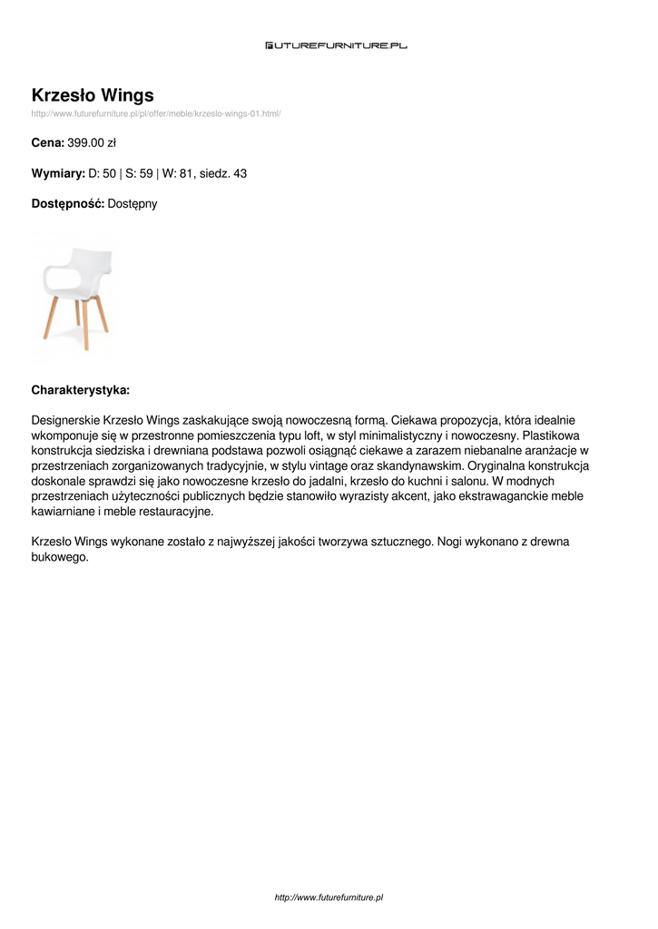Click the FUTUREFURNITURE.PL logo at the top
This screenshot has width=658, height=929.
tap(336, 44)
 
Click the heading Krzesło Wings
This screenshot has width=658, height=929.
tap(93, 95)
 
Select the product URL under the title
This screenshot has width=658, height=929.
tap(156, 113)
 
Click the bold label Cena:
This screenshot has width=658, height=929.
tap(47, 143)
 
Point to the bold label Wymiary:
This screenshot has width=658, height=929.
tap(58, 173)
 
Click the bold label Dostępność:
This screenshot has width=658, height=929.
tap(67, 204)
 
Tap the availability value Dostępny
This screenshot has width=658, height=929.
tap(133, 204)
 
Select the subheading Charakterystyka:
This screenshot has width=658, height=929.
tap(81, 390)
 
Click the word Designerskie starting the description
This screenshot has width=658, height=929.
tap(65, 421)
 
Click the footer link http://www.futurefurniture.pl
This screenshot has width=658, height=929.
tap(329, 897)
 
